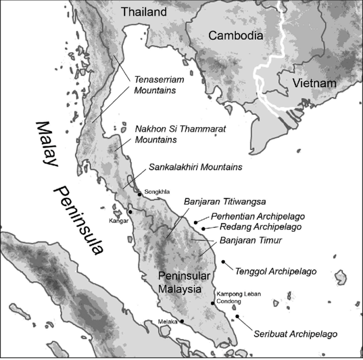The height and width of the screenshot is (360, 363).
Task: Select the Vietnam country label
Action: coord(315,83)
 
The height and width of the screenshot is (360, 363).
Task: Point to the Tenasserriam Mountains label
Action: coord(155,85)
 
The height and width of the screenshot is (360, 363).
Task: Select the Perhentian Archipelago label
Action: coord(258,216)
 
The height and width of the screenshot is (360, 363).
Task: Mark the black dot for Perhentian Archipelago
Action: coord(197,221)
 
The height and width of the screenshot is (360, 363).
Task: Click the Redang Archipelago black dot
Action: coord(204,229)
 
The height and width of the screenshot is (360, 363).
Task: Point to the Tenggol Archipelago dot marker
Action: coord(223,262)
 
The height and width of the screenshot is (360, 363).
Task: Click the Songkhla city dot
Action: coord(140,194)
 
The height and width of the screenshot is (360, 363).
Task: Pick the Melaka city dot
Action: coord(181,321)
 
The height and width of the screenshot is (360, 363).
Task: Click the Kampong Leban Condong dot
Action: coord(213,304)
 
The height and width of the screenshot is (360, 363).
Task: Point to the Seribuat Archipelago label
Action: coord(295,334)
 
